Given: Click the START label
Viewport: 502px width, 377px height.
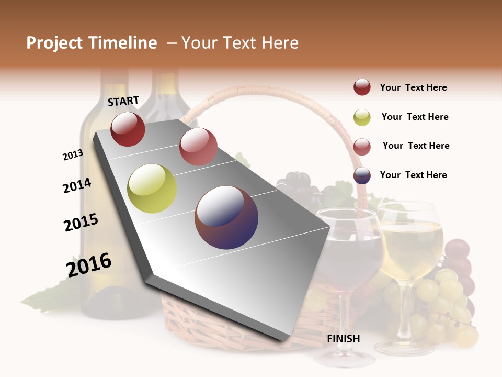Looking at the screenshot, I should pos(123,101).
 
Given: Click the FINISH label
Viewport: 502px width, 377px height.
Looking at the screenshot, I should pos(344,339).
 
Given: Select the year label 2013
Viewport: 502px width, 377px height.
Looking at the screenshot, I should pos(73,155).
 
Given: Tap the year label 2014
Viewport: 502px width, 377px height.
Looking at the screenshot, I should pos(77,185).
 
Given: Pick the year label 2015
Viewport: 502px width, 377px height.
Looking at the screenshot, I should pos(81,223).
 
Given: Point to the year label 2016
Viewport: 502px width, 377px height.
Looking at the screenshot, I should pos(89,265).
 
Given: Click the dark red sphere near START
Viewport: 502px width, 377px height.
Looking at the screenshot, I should pos(128,129).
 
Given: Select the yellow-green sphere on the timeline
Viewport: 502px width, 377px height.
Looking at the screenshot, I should pos(152,188).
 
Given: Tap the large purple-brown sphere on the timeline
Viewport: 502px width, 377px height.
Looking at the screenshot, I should pos(226,217).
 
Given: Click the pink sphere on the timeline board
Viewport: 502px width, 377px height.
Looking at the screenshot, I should pos(198,146).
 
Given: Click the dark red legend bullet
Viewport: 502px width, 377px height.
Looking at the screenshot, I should pos(362,87).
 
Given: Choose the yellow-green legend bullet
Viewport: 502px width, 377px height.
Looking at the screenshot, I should pos(362,117).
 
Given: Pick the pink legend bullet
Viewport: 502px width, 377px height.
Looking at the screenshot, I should pos(362,147).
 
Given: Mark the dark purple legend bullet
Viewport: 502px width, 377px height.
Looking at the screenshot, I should pos(362,175).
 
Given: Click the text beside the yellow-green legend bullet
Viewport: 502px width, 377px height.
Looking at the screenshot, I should pos(415,117).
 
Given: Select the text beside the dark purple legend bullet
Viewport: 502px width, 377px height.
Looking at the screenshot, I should pos(413,175).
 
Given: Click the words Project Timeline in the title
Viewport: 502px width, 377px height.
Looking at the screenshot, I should pos(92,43).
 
